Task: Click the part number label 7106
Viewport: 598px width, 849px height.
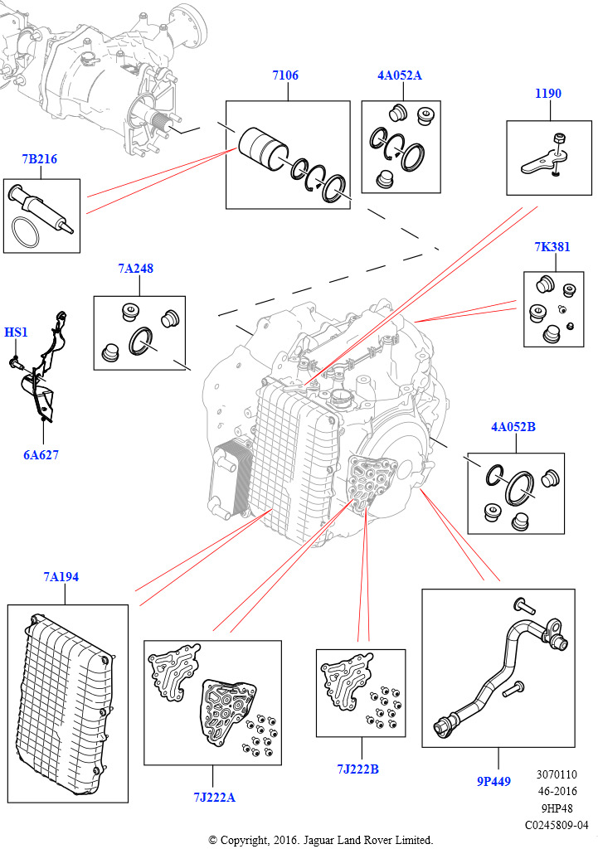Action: (x=284, y=75)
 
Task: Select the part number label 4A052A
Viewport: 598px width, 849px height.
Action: (x=400, y=75)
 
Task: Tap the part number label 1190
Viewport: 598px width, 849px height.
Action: (x=547, y=94)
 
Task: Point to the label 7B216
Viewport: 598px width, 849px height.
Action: (x=40, y=158)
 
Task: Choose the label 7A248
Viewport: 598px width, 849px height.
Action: (x=135, y=269)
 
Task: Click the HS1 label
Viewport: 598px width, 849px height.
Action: (x=16, y=332)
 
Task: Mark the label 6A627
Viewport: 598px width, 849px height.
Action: (x=41, y=455)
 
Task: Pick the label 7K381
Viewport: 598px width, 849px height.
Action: (x=552, y=248)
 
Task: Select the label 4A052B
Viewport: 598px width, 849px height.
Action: (x=513, y=427)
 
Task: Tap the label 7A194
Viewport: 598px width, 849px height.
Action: (x=61, y=576)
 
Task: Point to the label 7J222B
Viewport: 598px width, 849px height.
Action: (x=357, y=769)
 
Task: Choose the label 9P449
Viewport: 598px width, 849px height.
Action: (x=493, y=780)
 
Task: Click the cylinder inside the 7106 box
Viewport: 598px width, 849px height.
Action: (x=262, y=148)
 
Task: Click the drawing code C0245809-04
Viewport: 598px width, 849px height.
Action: (x=556, y=825)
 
